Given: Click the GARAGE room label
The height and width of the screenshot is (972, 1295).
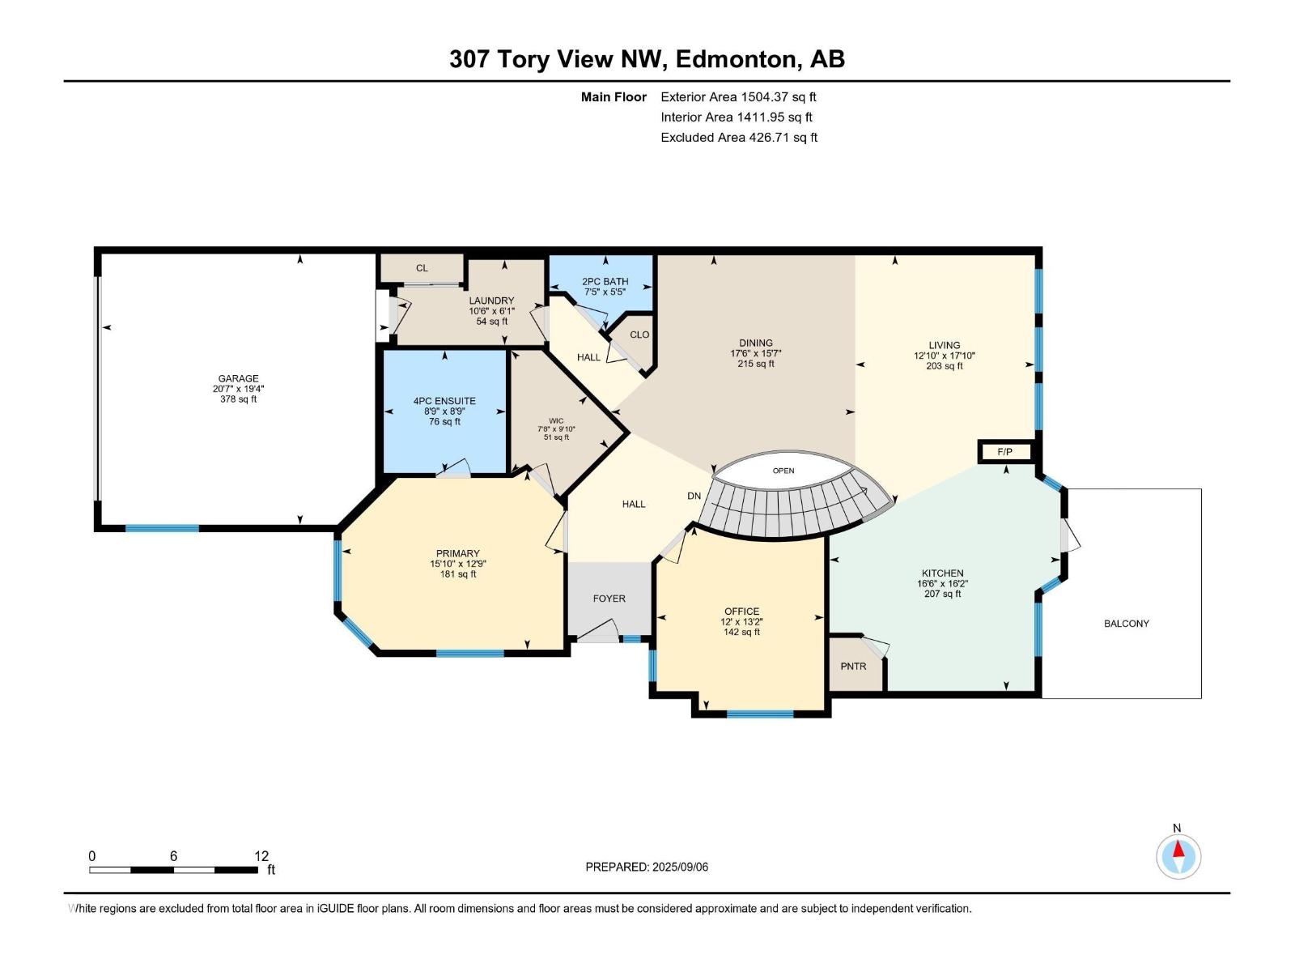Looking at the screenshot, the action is pos(238,378).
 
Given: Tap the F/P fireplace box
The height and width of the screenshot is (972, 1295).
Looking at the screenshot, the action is pos(1004,452).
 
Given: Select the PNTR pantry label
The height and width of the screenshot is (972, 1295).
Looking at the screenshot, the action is pos(853,667).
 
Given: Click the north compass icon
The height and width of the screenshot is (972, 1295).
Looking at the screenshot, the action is pos(1178,856).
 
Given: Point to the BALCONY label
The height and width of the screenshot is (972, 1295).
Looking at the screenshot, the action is pos(1127,623).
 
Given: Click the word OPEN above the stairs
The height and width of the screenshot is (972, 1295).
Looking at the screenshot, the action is pos(783,471).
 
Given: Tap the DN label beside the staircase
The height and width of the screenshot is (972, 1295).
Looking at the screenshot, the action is pos(694,496).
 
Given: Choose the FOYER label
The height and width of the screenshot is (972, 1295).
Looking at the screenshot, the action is pos(609,599).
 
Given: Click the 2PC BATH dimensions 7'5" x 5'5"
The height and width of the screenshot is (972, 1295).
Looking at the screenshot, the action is pos(605,292).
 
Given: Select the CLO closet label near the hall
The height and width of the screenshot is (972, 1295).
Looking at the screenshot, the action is pos(639,335).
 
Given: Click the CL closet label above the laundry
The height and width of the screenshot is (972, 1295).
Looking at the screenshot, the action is pos(422,268).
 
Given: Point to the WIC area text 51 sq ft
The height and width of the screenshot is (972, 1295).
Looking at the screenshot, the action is pos(556,437).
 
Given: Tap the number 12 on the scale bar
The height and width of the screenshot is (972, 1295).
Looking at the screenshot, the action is pos(261,855).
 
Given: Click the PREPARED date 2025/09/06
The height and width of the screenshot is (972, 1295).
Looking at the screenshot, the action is pos(680,867).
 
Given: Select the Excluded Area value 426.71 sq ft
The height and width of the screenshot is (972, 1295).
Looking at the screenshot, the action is pos(783,138).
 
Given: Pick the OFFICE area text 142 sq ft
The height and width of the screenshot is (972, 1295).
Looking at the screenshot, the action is pos(741,632).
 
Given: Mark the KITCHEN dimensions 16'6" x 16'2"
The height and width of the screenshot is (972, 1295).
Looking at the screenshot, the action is pos(943,584).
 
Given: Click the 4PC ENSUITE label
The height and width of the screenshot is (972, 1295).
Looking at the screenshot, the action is pos(444,401).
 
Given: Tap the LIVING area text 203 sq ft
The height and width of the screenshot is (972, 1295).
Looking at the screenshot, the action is pos(944,366).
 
